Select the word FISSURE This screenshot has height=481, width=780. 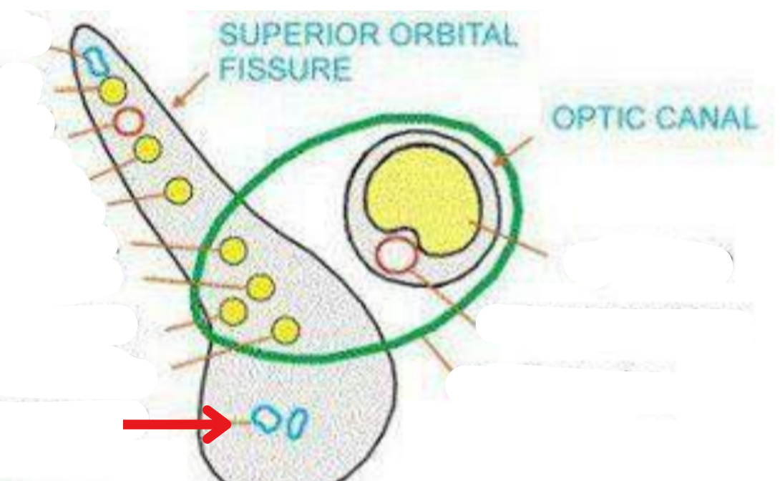pyautogui.click(x=285, y=69)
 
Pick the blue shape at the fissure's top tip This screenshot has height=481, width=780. pyautogui.click(x=94, y=61)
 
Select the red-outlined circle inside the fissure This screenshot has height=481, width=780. pyautogui.click(x=129, y=122)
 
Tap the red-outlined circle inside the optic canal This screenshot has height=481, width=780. pyautogui.click(x=396, y=255)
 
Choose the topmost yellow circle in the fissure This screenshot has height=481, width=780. pyautogui.click(x=112, y=91)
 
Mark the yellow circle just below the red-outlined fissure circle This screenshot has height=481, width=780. pyautogui.click(x=147, y=149)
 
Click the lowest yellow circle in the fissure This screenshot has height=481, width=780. pyautogui.click(x=286, y=329)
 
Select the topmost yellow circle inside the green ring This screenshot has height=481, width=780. pyautogui.click(x=233, y=250)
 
